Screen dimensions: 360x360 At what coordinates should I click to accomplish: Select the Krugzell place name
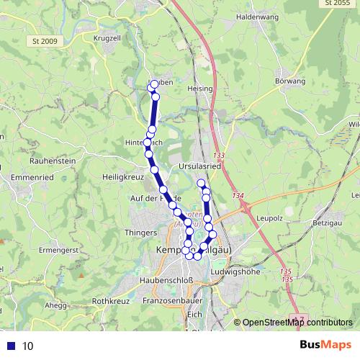click(107, 37)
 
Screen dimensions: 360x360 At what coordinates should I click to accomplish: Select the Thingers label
click(140, 233)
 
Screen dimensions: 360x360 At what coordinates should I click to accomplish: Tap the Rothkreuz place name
click(109, 301)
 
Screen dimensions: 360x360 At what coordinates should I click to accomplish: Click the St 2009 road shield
click(45, 40)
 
